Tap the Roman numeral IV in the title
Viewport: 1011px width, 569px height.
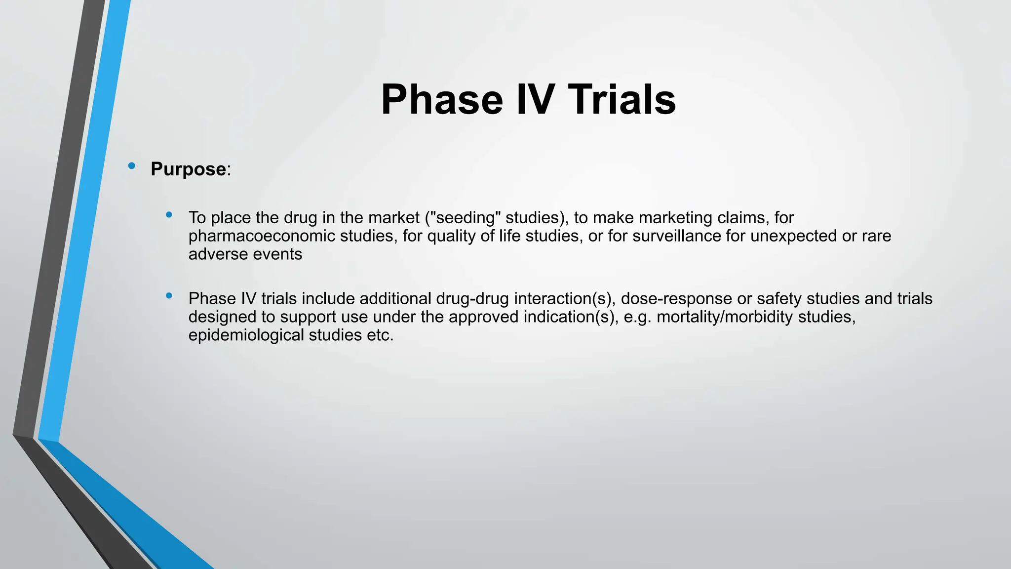(x=535, y=100)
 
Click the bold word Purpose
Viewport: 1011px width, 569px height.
(x=188, y=169)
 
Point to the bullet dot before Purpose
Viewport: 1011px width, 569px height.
(x=131, y=166)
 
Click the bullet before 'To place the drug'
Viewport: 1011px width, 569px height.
(x=169, y=215)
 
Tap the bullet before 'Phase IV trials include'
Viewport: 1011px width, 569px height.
(x=169, y=296)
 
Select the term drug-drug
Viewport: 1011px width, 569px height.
(x=472, y=299)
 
